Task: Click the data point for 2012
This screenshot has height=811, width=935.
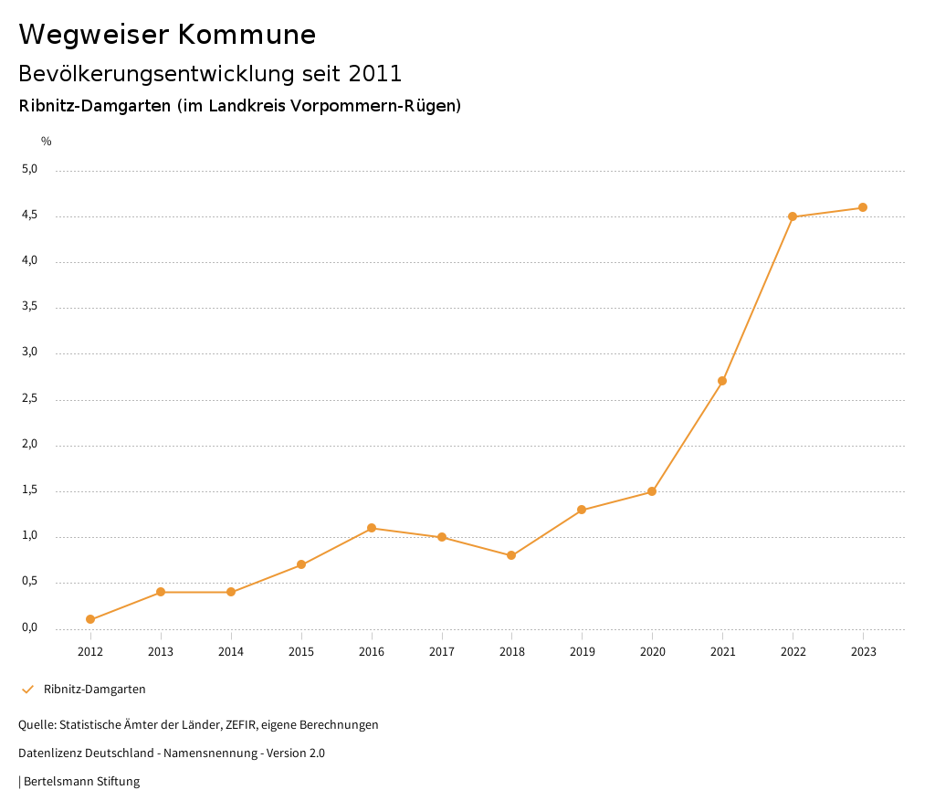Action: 90,619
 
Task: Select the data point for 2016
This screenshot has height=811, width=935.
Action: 372,528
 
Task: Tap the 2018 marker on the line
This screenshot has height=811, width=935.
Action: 511,555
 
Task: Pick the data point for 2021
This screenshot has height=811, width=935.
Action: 722,381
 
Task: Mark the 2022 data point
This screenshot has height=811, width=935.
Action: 793,216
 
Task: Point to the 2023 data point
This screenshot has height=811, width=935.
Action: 863,207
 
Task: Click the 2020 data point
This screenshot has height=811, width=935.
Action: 652,491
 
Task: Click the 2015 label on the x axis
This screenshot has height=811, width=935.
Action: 301,651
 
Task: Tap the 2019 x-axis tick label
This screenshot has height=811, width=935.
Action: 582,651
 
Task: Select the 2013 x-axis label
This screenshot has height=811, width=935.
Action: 161,651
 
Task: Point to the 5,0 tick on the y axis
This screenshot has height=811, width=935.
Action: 30,169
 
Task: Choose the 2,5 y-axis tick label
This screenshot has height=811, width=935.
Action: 30,398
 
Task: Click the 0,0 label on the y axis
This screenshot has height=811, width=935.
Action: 30,627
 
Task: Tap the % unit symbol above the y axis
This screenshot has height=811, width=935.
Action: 47,142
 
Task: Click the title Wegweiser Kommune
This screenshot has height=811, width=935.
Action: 167,35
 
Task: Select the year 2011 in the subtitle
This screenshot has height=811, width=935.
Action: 375,73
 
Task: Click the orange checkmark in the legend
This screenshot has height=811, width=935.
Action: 27,689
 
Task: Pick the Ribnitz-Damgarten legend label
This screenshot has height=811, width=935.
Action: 95,689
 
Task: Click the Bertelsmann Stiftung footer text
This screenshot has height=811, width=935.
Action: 81,781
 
